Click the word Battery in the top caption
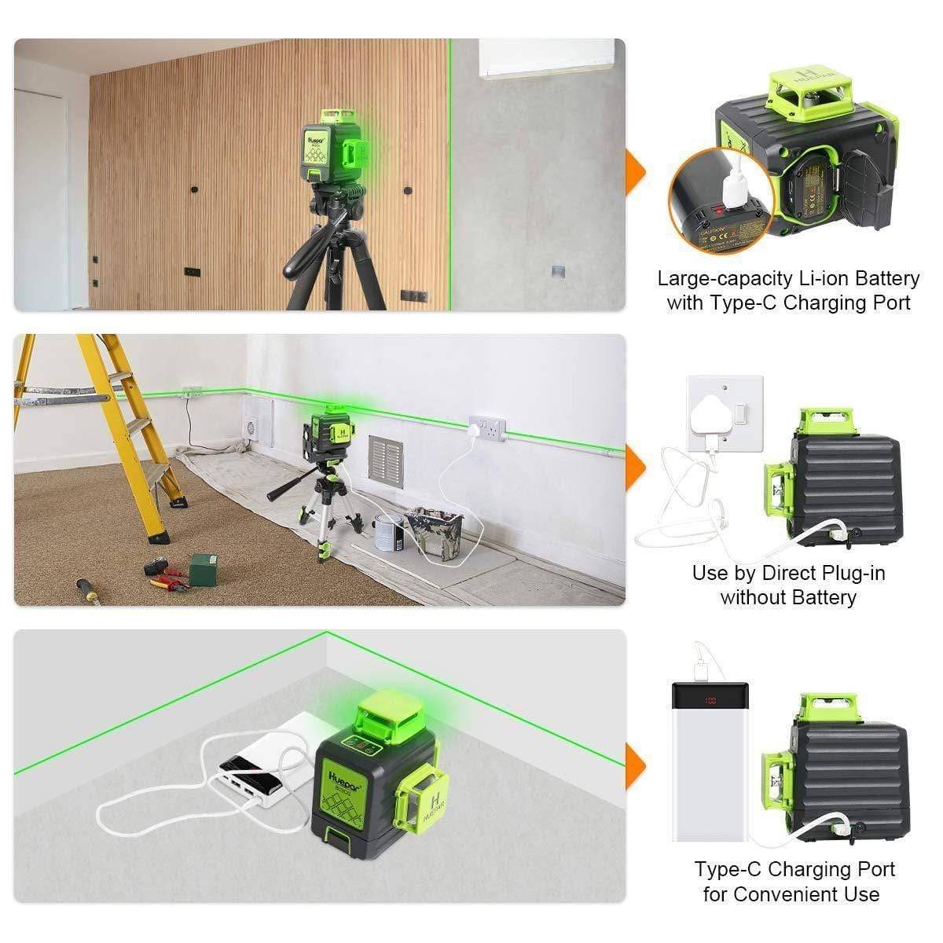[x=884, y=278]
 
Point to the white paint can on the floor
[x=388, y=533]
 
